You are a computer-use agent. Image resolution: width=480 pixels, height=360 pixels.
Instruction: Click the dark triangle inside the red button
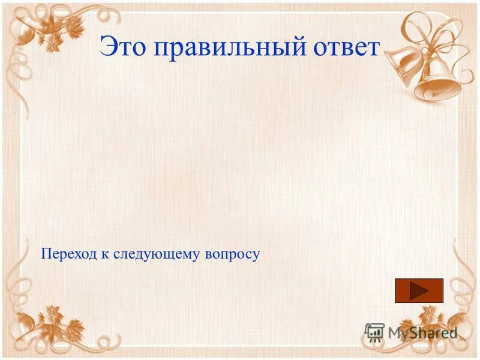[419, 291]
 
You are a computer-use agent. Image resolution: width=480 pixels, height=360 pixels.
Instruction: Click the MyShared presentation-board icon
[375, 332]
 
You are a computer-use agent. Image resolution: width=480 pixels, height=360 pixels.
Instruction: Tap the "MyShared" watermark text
[422, 332]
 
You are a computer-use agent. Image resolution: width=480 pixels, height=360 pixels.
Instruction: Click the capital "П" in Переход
[46, 254]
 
